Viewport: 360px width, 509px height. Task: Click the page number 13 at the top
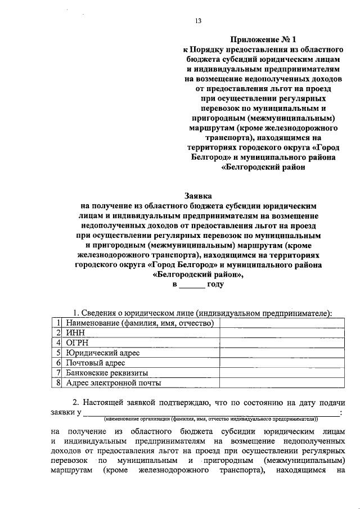[198, 21]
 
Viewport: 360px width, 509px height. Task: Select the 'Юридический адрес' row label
[102, 353]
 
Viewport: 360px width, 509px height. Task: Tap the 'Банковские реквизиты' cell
[106, 373]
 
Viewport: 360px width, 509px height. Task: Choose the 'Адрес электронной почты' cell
[113, 383]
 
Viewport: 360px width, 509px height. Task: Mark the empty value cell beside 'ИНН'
[280, 332]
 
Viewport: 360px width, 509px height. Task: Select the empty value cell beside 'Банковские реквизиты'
[280, 373]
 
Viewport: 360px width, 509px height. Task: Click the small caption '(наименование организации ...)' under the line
[211, 419]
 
